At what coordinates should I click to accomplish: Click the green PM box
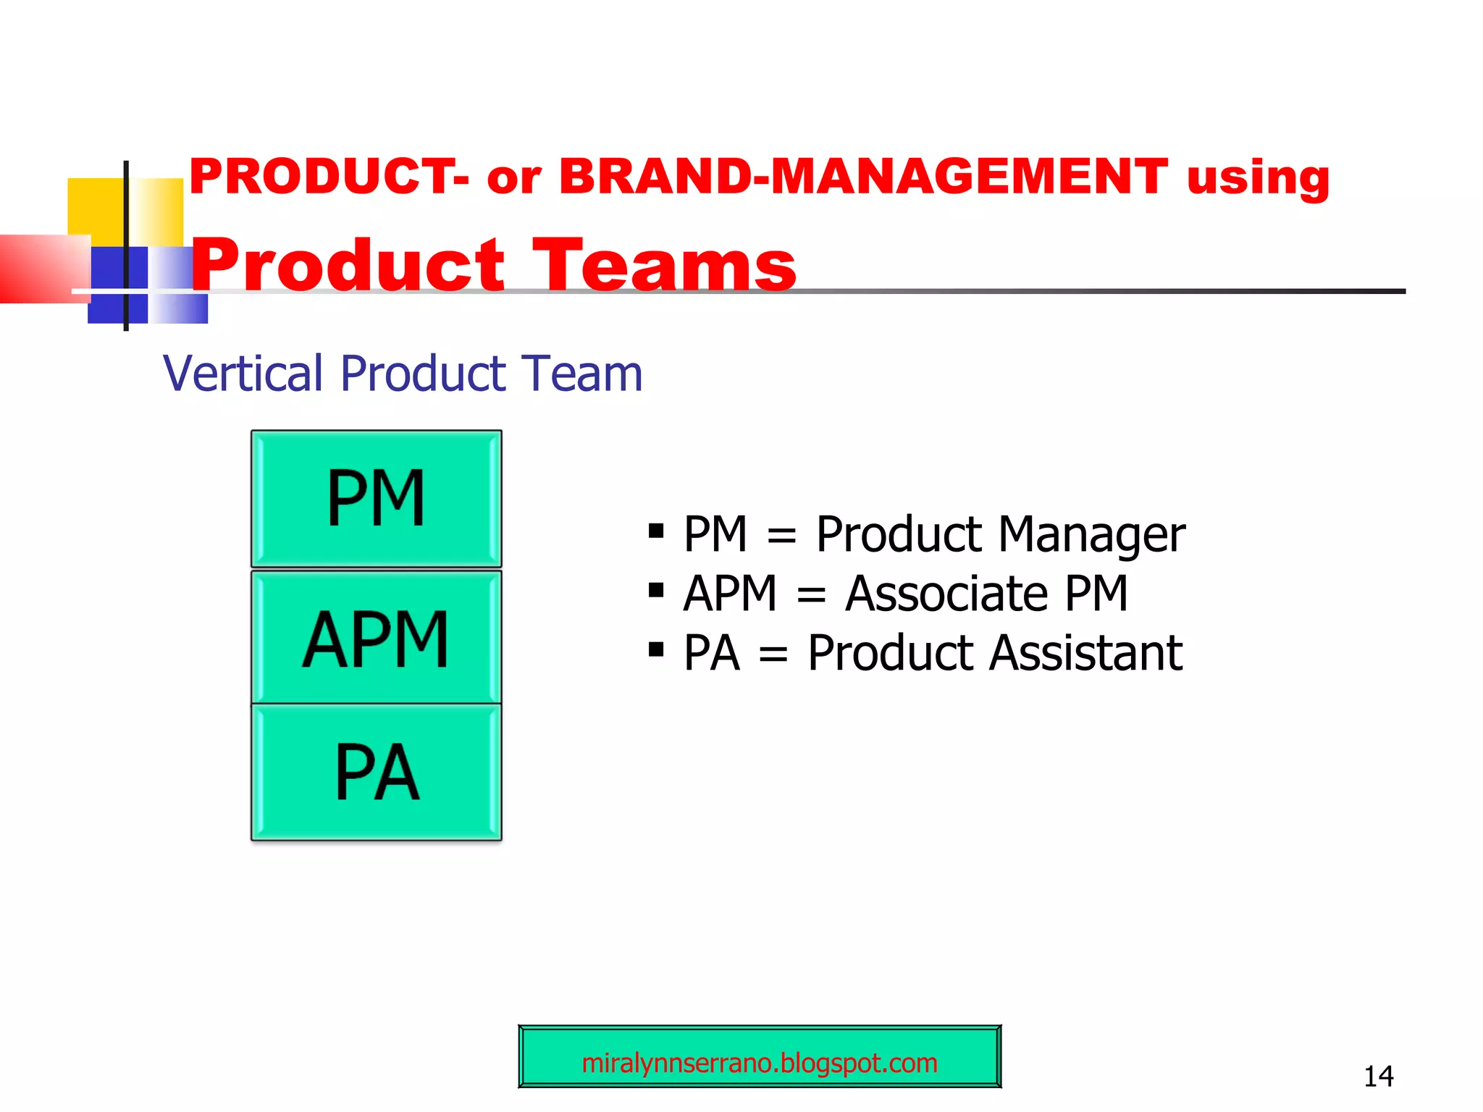click(376, 498)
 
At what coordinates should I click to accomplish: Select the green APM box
click(376, 638)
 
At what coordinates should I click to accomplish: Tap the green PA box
click(376, 772)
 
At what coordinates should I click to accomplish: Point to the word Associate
click(946, 594)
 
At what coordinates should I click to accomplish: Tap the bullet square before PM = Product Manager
click(656, 531)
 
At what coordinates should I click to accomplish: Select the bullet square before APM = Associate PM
click(656, 590)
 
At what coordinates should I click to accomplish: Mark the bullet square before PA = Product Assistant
click(656, 649)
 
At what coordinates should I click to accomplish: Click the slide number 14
click(1378, 1077)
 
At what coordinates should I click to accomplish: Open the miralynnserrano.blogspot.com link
click(760, 1063)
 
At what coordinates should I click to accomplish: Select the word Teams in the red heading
click(664, 266)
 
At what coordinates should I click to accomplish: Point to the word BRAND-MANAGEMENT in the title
click(863, 177)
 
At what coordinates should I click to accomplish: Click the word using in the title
click(1258, 178)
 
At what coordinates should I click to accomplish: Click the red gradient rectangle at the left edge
click(40, 268)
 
